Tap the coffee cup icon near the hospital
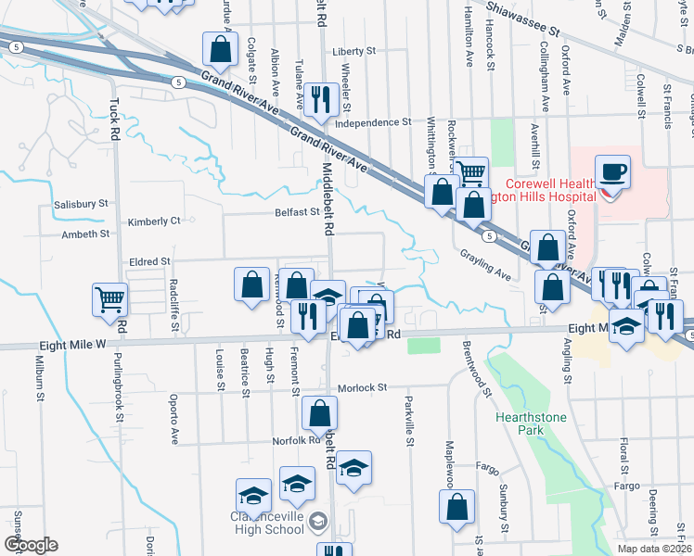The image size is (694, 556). click(x=612, y=172)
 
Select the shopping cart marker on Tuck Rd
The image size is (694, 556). click(x=109, y=299)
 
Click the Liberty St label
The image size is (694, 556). click(x=357, y=51)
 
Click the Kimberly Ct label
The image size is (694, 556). click(x=154, y=221)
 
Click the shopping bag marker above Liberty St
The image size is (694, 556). click(x=220, y=48)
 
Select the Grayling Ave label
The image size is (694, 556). click(x=485, y=265)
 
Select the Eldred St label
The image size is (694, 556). click(x=149, y=262)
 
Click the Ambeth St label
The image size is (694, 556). click(x=86, y=234)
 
